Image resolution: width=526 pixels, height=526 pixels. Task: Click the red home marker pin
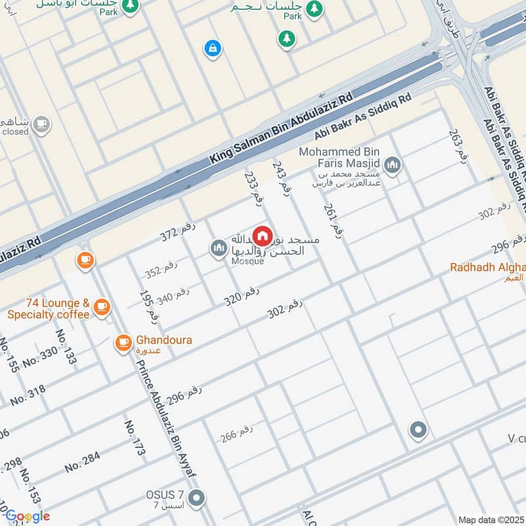pyautogui.click(x=262, y=235)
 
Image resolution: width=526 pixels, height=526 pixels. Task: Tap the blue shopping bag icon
pyautogui.click(x=212, y=48)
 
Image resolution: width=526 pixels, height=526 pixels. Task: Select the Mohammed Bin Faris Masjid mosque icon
pyautogui.click(x=393, y=164)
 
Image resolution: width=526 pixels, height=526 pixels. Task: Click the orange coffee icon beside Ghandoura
pyautogui.click(x=123, y=343)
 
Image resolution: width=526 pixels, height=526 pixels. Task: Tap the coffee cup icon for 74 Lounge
pyautogui.click(x=101, y=306)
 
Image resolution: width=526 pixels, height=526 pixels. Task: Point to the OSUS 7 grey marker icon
pyautogui.click(x=195, y=498)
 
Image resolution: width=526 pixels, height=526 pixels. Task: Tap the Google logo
pyautogui.click(x=28, y=516)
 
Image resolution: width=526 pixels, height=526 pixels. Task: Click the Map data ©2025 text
pyautogui.click(x=490, y=519)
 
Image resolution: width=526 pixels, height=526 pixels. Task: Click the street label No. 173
pyautogui.click(x=134, y=438)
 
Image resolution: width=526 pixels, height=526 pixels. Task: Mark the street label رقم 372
pyautogui.click(x=178, y=231)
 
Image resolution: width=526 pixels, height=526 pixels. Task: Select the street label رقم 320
pyautogui.click(x=241, y=295)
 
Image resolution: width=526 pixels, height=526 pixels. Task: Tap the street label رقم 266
pyautogui.click(x=237, y=433)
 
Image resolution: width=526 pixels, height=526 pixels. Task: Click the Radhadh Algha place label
pyautogui.click(x=487, y=267)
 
